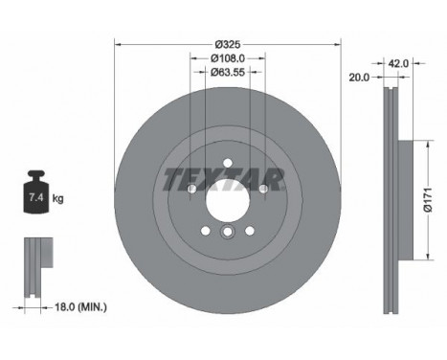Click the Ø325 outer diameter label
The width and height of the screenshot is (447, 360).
click(x=227, y=45)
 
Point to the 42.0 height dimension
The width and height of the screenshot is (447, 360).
click(x=400, y=64)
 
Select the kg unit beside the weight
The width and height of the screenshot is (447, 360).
click(x=59, y=199)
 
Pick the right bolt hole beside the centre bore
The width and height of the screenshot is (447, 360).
click(x=263, y=189)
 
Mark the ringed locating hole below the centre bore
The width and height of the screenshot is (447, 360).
click(x=227, y=233)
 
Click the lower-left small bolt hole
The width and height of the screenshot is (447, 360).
click(x=205, y=230)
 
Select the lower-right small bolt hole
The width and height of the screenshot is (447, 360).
click(x=249, y=230)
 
